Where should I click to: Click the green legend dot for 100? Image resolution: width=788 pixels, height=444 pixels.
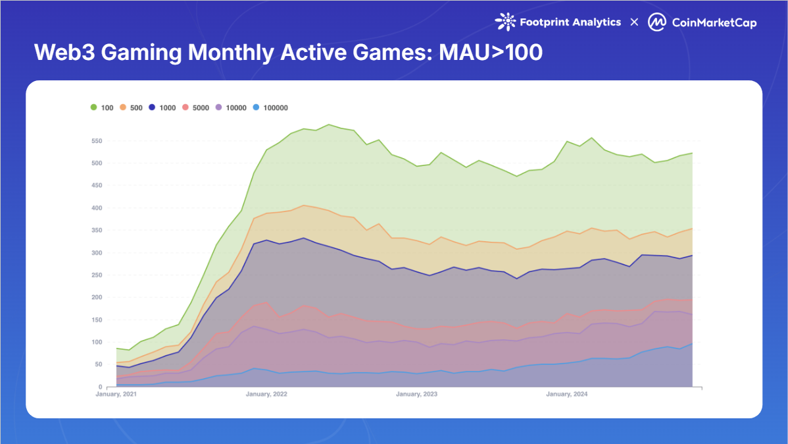[x=93, y=107]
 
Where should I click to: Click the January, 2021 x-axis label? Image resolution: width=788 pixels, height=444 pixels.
[x=117, y=395]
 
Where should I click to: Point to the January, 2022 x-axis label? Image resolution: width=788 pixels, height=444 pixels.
[x=266, y=395]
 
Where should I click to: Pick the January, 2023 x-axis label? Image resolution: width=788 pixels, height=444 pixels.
[x=416, y=395]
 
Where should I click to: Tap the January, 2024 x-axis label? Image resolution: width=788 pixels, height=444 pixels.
[x=567, y=395]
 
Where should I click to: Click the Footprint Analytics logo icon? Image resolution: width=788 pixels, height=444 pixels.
[x=505, y=22]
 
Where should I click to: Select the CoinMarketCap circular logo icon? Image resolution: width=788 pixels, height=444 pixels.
[x=657, y=22]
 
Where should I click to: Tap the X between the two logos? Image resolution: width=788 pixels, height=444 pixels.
[x=634, y=22]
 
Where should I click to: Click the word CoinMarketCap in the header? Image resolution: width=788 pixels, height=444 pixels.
[x=714, y=23]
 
